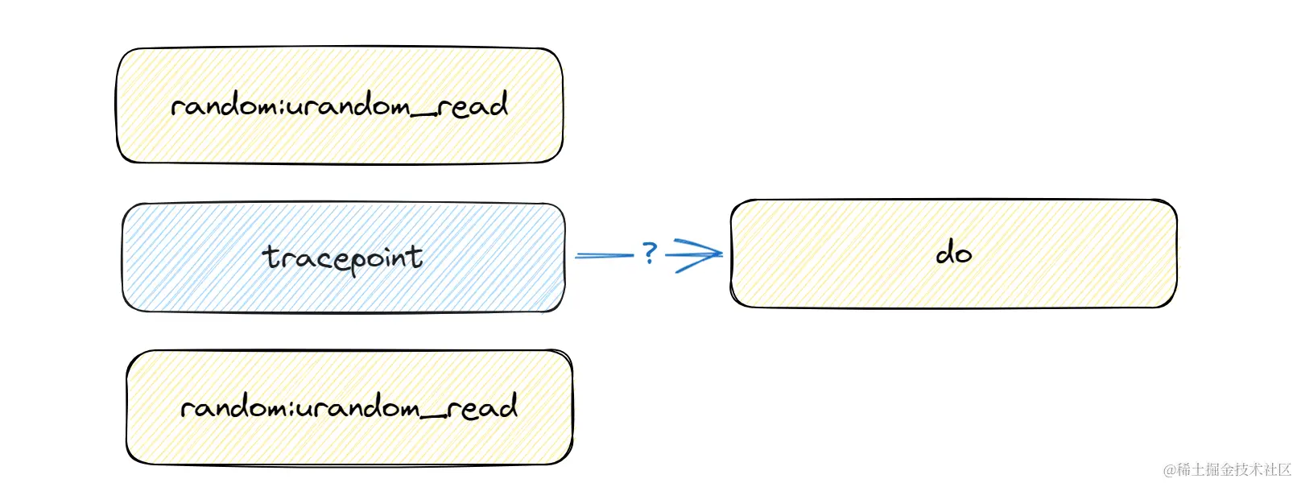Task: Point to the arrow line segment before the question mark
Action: pos(604,256)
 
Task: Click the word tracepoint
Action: pos(343,258)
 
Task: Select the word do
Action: pos(953,254)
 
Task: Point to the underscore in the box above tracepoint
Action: pos(424,114)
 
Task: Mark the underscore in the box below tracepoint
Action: pos(433,416)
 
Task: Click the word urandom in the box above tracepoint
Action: pos(349,106)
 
